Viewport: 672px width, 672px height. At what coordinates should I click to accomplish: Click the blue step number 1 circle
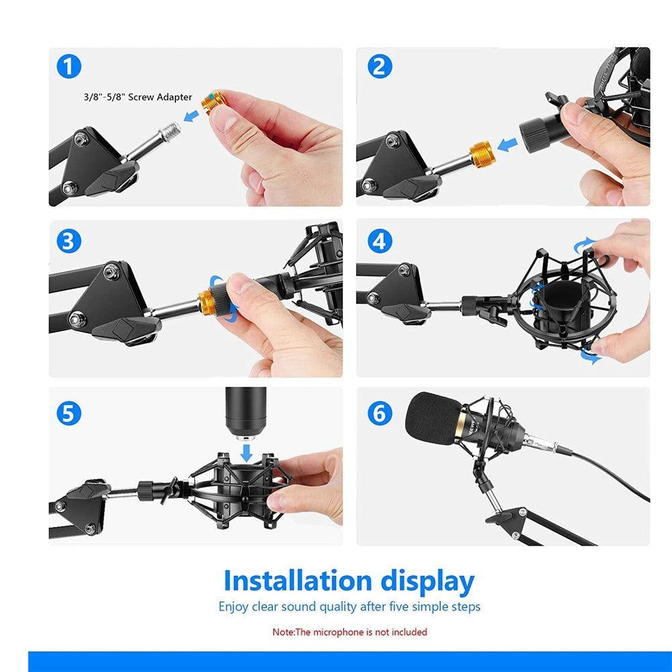(x=69, y=67)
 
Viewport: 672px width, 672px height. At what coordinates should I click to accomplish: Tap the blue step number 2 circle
(x=380, y=67)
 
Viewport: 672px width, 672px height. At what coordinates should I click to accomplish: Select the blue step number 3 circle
(x=69, y=241)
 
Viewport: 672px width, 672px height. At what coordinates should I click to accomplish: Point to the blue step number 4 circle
(x=380, y=241)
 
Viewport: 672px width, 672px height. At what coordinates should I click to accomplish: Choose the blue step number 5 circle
(x=69, y=413)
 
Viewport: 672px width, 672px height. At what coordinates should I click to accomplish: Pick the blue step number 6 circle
(x=380, y=413)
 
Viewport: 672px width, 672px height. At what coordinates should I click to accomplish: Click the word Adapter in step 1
(x=174, y=97)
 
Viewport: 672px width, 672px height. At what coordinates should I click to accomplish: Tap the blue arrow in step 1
(x=191, y=116)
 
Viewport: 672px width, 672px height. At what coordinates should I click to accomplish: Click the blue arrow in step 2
(x=508, y=144)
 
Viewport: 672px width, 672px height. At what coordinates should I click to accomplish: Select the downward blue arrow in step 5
(x=246, y=452)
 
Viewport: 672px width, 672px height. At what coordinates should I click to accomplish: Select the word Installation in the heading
(x=298, y=581)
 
